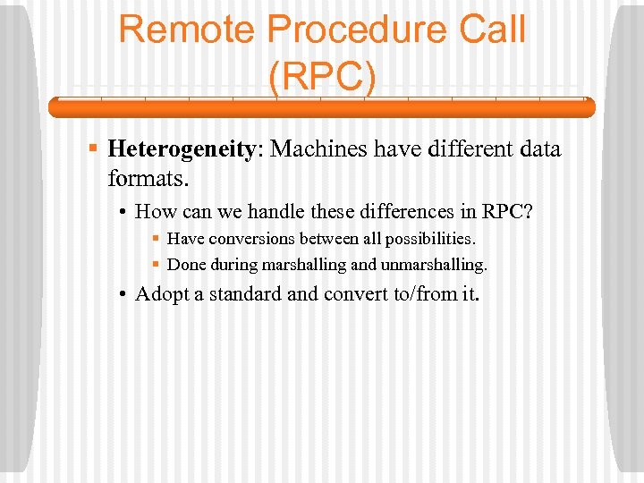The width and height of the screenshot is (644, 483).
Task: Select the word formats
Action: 148,178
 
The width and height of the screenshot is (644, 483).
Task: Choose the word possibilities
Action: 430,239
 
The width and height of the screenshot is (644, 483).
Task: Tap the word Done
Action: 186,264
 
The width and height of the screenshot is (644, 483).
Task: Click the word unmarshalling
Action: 436,264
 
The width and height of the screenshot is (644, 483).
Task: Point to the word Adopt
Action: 170,294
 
